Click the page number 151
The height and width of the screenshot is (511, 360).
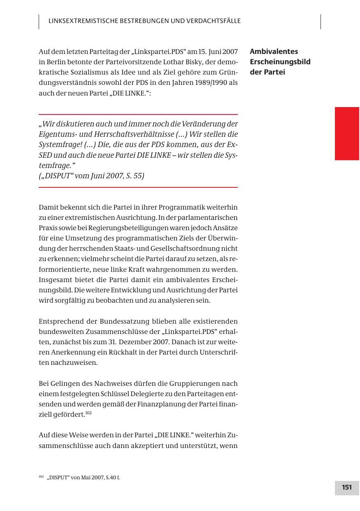(x=347, y=488)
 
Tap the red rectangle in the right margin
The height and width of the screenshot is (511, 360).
(x=347, y=133)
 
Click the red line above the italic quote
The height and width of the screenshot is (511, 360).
(x=138, y=114)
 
